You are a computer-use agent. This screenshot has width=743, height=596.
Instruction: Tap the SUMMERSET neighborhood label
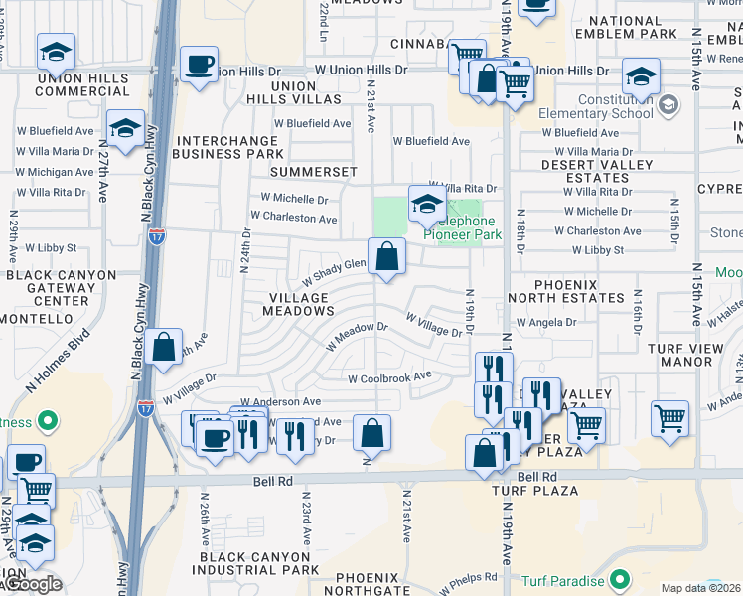tap(316, 172)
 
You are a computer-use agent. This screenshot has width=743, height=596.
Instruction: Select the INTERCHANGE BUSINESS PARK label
tap(228, 147)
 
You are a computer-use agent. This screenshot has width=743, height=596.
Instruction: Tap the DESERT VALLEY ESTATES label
tap(596, 171)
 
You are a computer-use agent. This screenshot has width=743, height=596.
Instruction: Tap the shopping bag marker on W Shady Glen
tap(386, 256)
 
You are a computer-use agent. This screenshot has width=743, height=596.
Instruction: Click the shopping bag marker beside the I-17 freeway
tap(164, 348)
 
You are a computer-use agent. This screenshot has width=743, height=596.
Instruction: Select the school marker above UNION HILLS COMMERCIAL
tap(57, 52)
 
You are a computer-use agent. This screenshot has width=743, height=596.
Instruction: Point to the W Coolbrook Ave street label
tap(389, 377)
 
